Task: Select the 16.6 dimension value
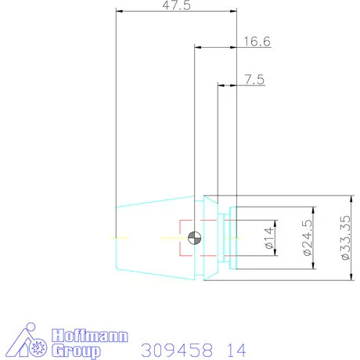click(257, 42)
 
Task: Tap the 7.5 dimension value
click(254, 79)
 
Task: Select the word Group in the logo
click(76, 351)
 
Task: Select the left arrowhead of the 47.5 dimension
click(119, 11)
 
